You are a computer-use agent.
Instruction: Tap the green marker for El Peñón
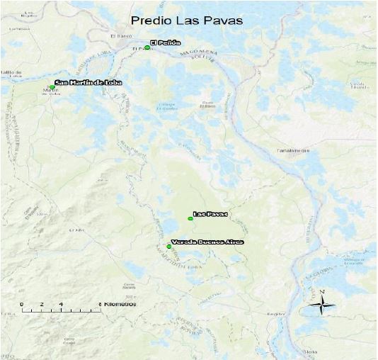(147, 47)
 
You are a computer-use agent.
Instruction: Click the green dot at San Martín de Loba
(52, 88)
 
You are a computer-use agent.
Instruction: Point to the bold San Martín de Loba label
(88, 83)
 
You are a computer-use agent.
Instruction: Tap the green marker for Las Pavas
(190, 218)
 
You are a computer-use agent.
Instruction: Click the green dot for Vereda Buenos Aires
(168, 246)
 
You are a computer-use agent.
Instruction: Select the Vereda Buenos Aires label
(207, 242)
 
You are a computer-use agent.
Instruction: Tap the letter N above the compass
(322, 292)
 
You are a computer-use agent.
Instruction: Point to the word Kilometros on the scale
(120, 304)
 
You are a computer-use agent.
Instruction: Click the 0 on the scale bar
(21, 304)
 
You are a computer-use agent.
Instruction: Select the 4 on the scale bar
(61, 304)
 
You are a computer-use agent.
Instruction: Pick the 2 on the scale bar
(41, 304)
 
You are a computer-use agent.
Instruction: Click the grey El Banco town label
(122, 35)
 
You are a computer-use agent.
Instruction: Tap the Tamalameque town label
(287, 151)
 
